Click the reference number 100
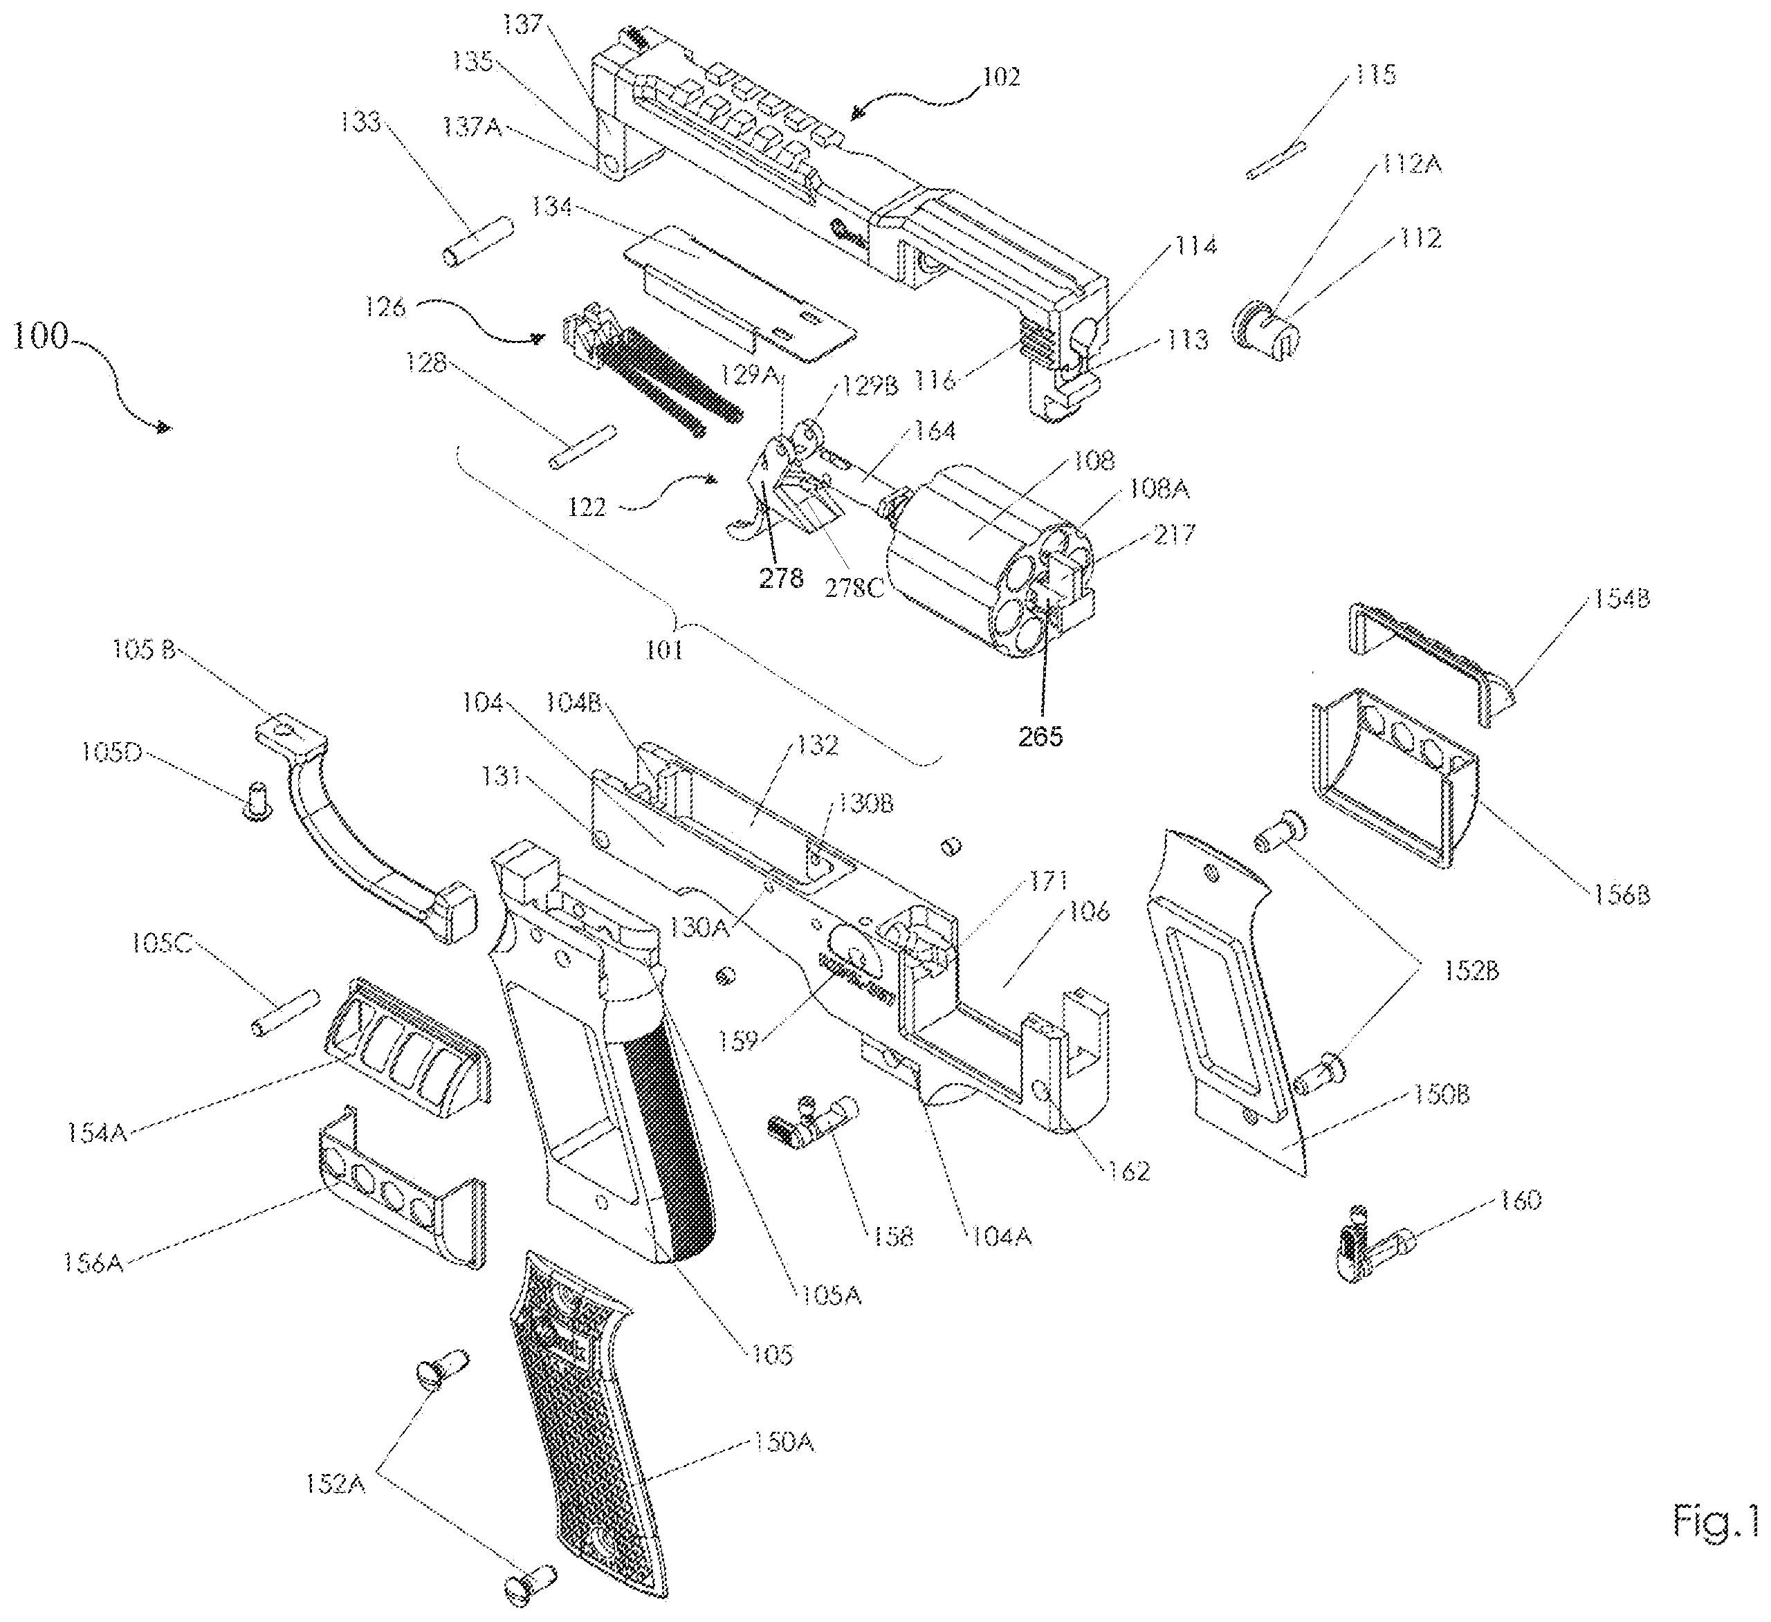point(40,335)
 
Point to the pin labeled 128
point(582,448)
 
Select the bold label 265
point(1040,736)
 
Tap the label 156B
point(1622,895)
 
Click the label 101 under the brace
point(663,650)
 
